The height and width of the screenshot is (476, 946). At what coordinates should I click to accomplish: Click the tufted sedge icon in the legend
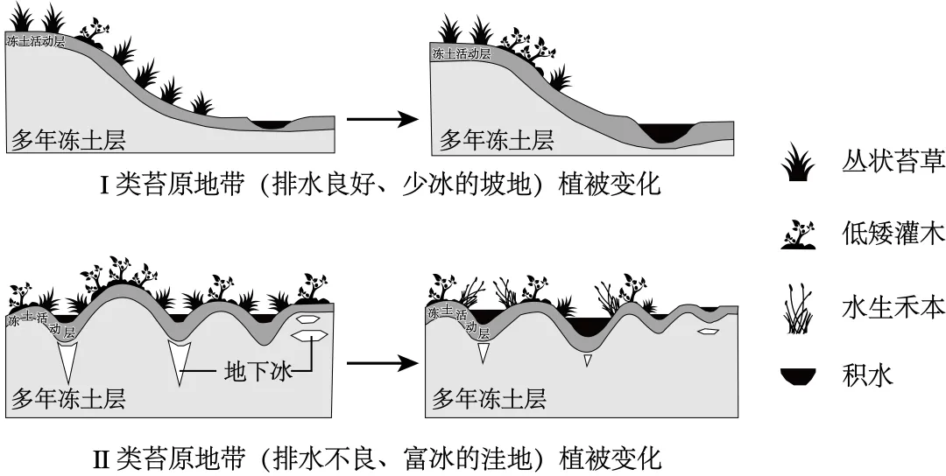click(x=798, y=162)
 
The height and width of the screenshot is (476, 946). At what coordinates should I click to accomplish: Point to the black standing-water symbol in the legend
click(x=798, y=376)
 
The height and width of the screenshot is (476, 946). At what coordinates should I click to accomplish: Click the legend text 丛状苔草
click(x=893, y=162)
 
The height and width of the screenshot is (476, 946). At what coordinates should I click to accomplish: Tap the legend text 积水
click(x=867, y=376)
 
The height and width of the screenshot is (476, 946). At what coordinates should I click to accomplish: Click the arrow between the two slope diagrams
click(x=383, y=119)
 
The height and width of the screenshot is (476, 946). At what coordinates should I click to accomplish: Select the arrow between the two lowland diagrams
click(x=383, y=363)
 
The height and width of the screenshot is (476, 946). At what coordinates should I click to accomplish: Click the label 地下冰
click(x=258, y=371)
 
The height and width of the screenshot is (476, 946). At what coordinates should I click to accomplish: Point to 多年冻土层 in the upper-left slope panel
click(x=68, y=140)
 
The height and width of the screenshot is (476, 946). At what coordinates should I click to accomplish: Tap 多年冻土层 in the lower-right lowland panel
click(x=490, y=398)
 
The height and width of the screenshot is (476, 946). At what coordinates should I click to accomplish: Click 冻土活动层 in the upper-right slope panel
click(x=462, y=53)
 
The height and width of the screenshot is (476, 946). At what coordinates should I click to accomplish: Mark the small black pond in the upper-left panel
click(x=271, y=124)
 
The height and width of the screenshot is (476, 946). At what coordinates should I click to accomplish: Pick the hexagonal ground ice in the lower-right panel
click(x=709, y=331)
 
